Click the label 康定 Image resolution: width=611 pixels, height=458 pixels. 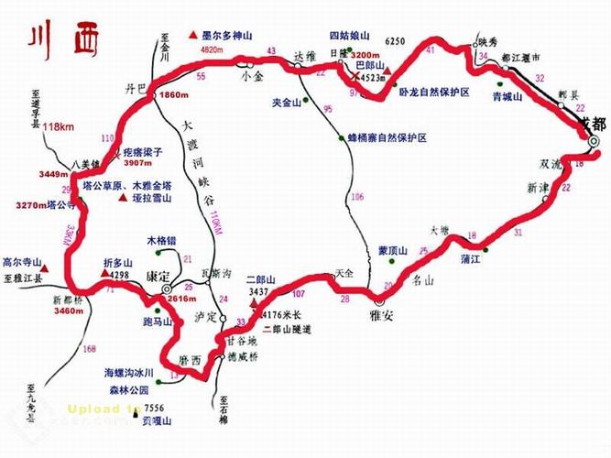(158, 275)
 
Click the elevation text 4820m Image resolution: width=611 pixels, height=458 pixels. (212, 49)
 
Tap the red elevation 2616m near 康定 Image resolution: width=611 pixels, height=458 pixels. (181, 300)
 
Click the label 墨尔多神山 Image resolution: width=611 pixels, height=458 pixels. (230, 33)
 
